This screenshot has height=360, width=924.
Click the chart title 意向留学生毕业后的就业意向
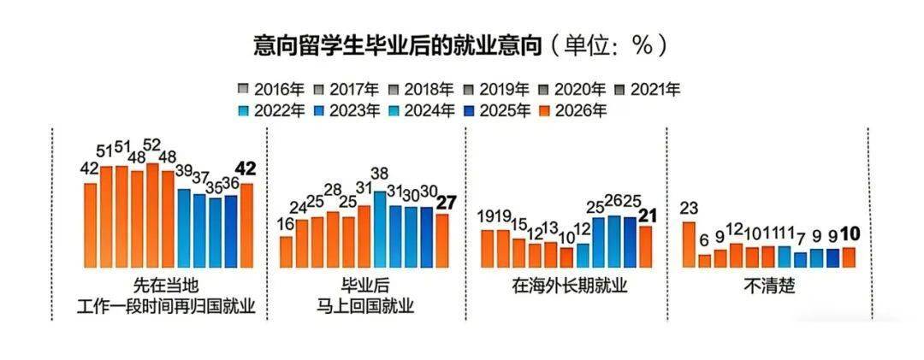(399, 45)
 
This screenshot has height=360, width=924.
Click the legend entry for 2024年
(420, 109)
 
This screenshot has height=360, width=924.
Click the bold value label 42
(246, 169)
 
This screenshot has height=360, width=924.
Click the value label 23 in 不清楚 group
(688, 208)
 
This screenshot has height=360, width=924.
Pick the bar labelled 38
(380, 229)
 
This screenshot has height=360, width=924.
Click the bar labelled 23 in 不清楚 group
(688, 245)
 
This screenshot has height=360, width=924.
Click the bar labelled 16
(287, 251)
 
